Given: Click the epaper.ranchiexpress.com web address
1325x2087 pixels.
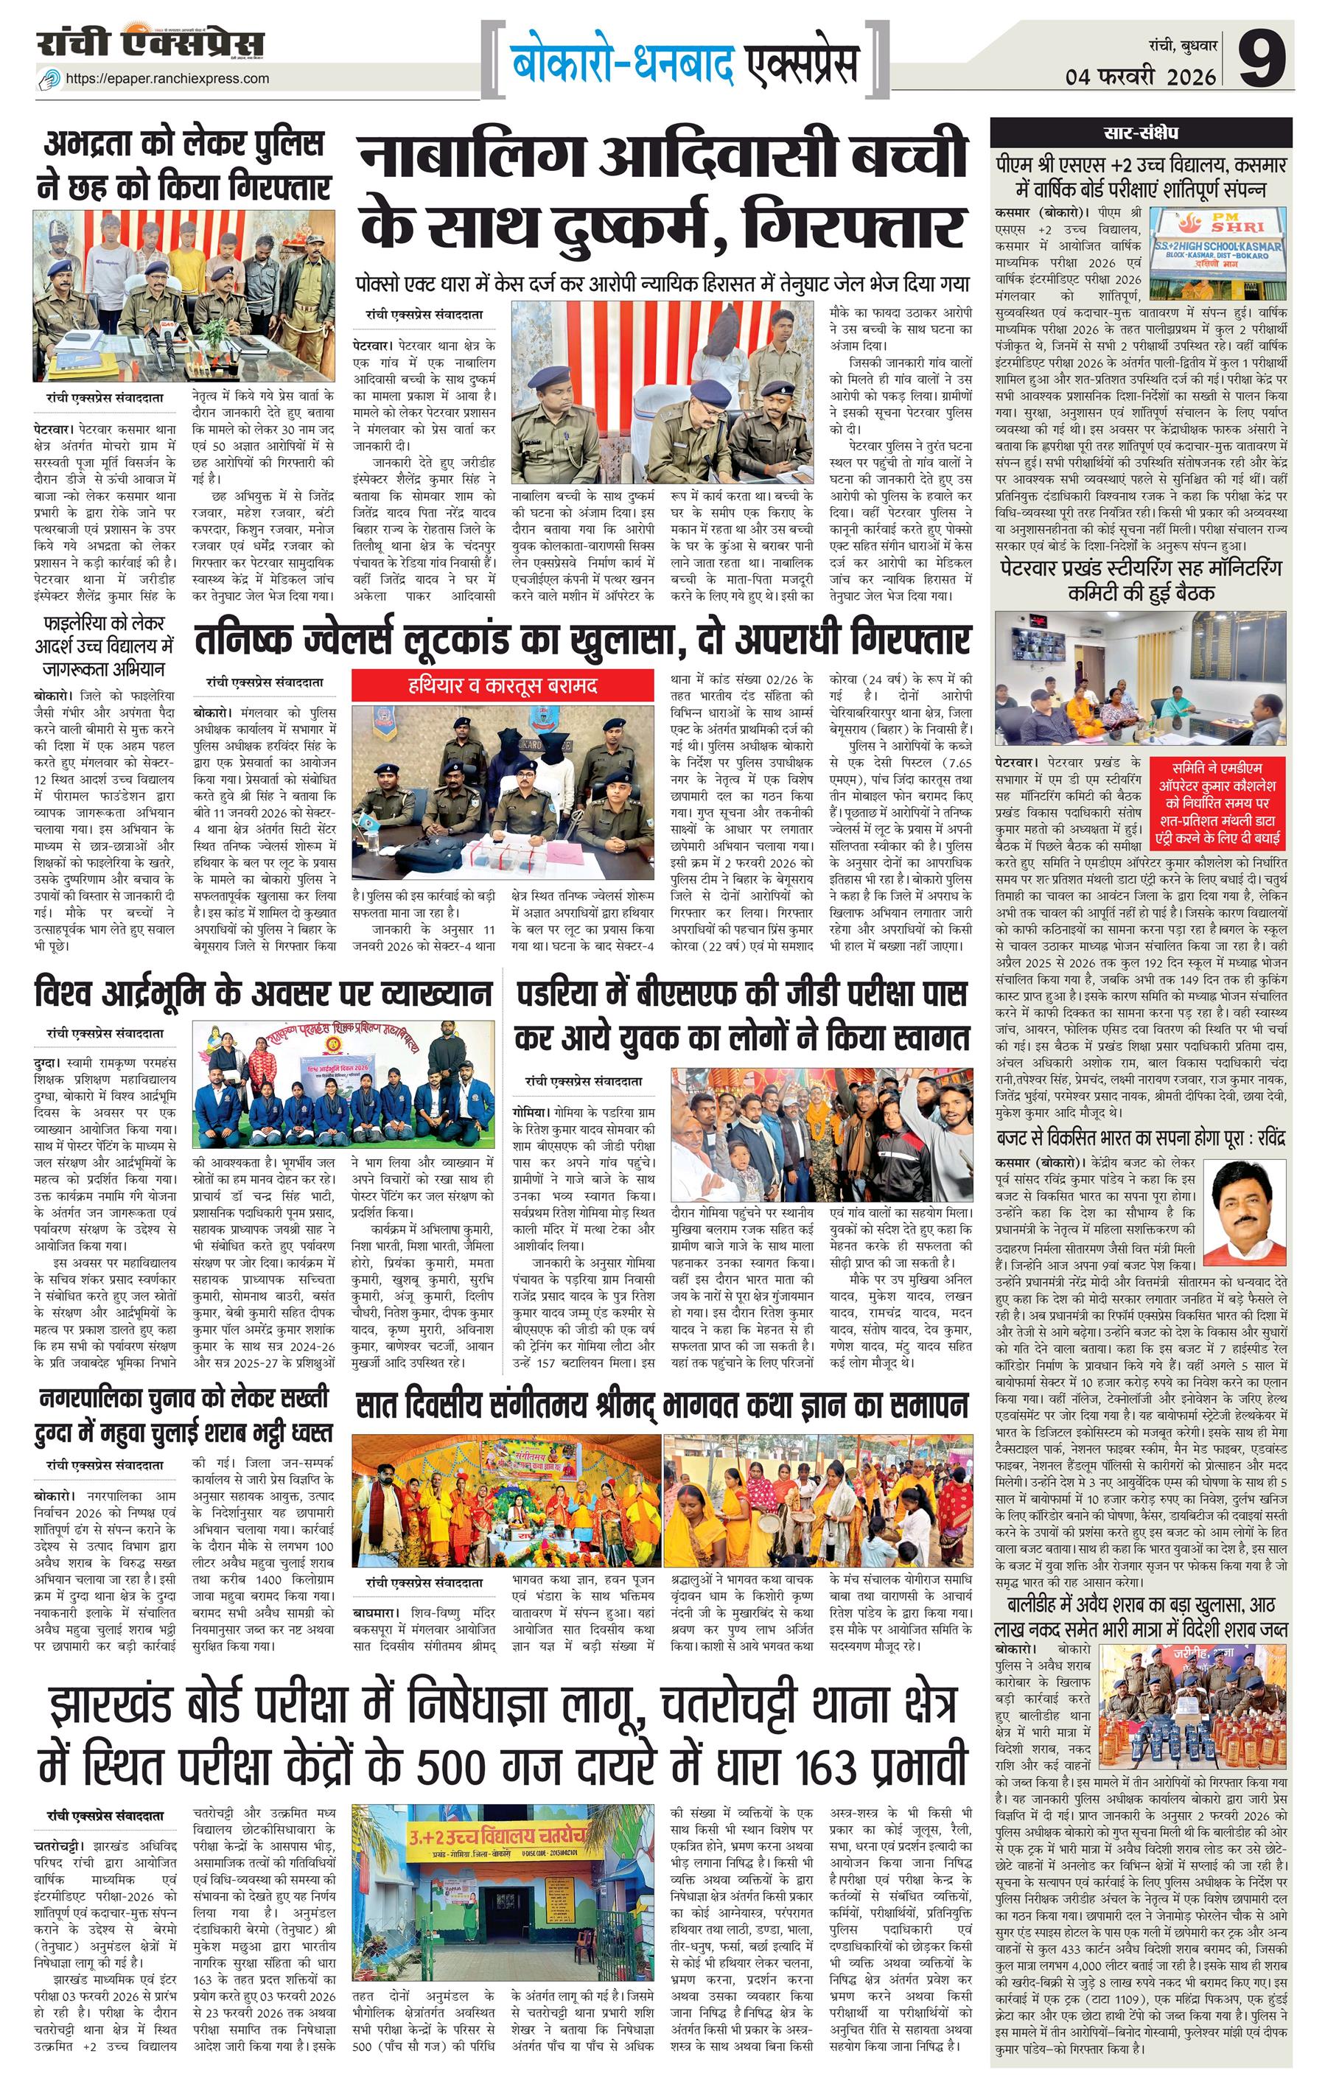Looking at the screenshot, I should (167, 79).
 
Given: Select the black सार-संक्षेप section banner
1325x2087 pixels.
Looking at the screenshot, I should (1141, 133).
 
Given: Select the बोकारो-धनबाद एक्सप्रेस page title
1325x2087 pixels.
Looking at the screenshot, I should (685, 63).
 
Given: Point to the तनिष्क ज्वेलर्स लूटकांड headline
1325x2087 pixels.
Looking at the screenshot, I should (581, 640).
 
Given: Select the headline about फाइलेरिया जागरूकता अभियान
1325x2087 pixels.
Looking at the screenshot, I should (104, 646).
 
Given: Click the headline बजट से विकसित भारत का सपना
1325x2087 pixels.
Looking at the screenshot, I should (1141, 1137).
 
